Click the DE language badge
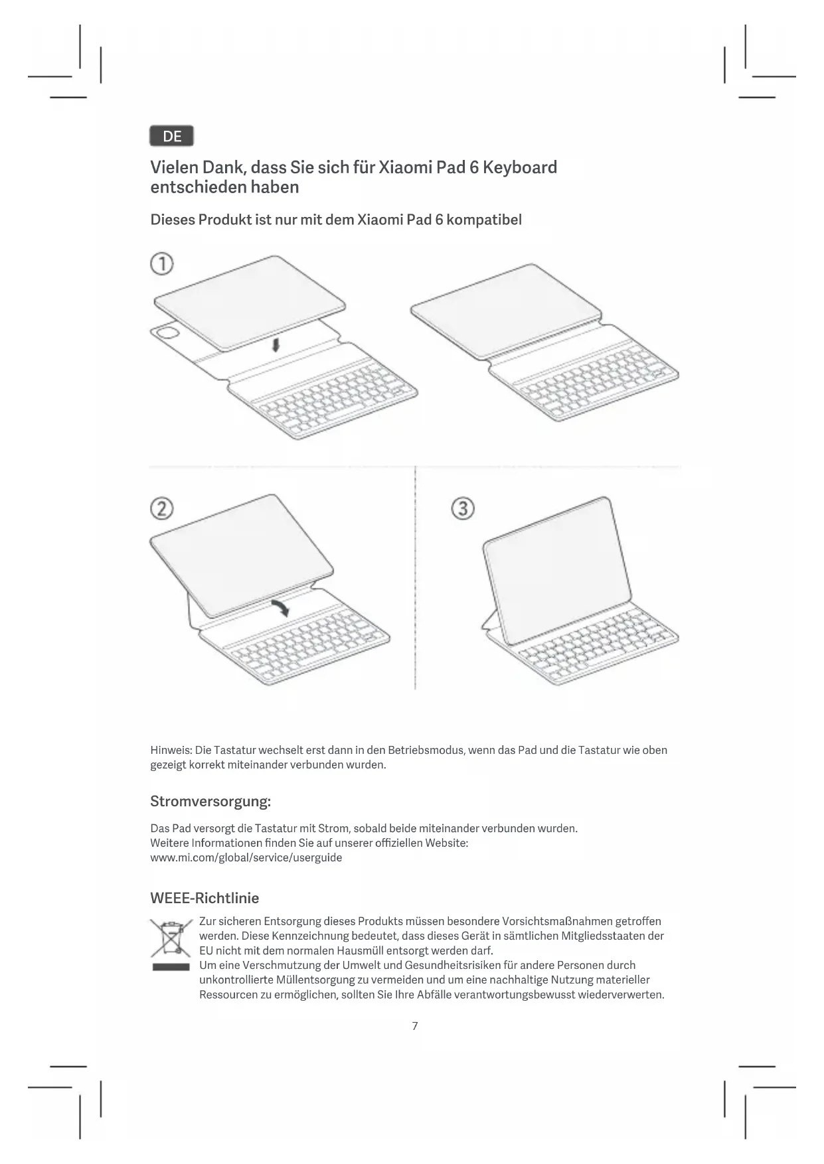tap(171, 136)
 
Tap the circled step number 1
tap(162, 264)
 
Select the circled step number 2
tap(162, 508)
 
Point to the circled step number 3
tap(463, 509)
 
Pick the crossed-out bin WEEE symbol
tap(171, 938)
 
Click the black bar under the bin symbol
tap(171, 967)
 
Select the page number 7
tap(415, 1026)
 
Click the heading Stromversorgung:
tap(210, 801)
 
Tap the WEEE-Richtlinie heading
tap(205, 898)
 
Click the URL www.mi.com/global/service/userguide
tap(246, 857)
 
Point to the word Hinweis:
tap(171, 750)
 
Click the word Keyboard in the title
tap(520, 167)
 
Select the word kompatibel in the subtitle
tap(484, 220)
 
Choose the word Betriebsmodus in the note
tap(426, 750)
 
